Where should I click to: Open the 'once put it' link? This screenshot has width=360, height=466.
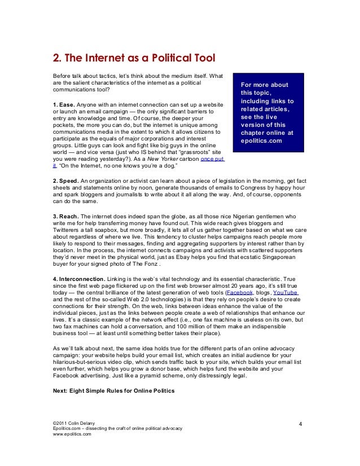pos(212,160)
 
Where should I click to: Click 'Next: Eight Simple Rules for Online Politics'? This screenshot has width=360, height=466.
pos(113,391)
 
